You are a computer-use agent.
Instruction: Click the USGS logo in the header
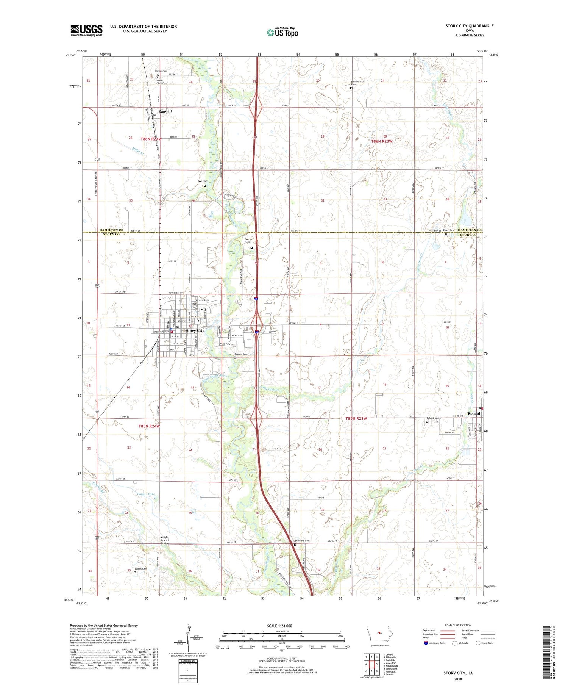pos(86,30)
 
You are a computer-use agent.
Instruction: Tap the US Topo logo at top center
pos(282,32)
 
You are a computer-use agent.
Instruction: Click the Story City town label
pos(195,330)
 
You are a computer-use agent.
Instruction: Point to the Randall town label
pos(165,111)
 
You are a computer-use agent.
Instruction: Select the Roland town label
pos(473,413)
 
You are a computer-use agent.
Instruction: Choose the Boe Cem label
pos(202,181)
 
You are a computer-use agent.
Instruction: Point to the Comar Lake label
pos(146,494)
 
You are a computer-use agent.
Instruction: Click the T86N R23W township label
pos(382,141)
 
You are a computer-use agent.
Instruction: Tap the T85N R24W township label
pos(149,426)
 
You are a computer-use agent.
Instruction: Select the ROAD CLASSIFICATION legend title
pos(458,625)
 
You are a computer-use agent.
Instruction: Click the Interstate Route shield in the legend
pos(426,643)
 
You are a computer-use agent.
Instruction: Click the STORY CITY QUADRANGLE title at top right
pos(469,26)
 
